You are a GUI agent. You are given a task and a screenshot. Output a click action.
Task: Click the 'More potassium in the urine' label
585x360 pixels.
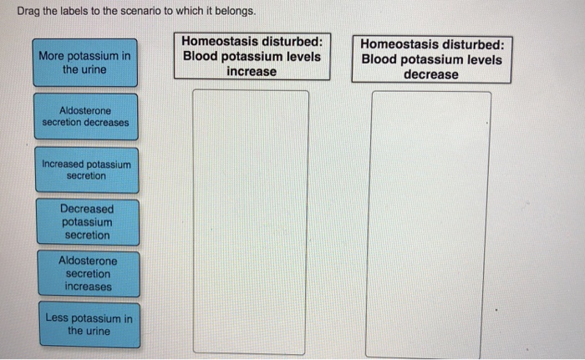pos(85,63)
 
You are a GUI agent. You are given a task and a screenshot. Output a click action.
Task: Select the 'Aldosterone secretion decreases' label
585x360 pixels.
pos(86,117)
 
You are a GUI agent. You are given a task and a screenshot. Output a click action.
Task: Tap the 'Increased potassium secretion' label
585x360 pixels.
pos(87,170)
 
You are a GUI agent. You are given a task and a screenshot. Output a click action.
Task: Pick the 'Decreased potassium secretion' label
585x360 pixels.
pos(88,222)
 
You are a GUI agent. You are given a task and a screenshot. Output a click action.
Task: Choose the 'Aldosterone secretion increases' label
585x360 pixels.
pos(89,274)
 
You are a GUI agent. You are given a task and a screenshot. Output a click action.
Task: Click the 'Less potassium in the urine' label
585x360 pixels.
pos(89,325)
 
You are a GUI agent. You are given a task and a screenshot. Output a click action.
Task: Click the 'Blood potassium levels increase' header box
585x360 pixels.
pos(252,56)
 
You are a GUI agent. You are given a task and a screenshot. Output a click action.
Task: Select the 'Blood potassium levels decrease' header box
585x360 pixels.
pos(432,59)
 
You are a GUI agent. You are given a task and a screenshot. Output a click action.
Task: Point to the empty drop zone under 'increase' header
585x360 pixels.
pos(251,222)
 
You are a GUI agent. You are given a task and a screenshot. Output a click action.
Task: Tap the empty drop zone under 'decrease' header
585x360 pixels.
pos(429,225)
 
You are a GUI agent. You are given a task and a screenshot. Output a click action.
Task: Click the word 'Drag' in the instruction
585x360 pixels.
pos(28,12)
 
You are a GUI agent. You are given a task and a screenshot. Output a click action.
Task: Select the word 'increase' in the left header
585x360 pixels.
pos(252,71)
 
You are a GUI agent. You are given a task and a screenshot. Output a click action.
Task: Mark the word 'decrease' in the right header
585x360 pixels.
pos(431,74)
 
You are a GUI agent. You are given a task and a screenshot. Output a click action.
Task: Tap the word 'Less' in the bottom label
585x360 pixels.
pos(57,318)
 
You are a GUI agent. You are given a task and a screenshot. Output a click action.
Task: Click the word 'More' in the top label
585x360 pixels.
pos(51,56)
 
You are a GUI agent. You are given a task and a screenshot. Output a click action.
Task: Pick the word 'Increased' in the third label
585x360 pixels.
pos(63,165)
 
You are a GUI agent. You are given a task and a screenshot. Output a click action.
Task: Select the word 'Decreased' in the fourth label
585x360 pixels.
pos(87,209)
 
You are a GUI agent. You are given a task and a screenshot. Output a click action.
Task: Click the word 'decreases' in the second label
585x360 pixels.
pos(107,122)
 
